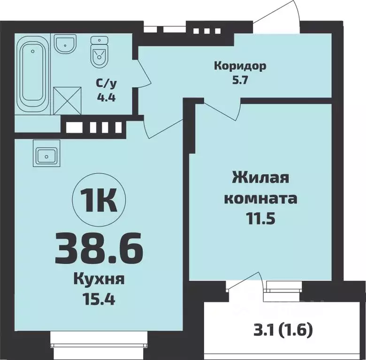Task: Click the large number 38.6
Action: pyautogui.click(x=98, y=248)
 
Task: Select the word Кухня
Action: pyautogui.click(x=99, y=280)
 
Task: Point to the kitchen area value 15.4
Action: pyautogui.click(x=99, y=298)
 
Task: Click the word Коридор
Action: pyautogui.click(x=240, y=66)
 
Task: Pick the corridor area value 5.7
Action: pyautogui.click(x=239, y=79)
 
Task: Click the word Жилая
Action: pyautogui.click(x=260, y=179)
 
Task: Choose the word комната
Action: pyautogui.click(x=260, y=198)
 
